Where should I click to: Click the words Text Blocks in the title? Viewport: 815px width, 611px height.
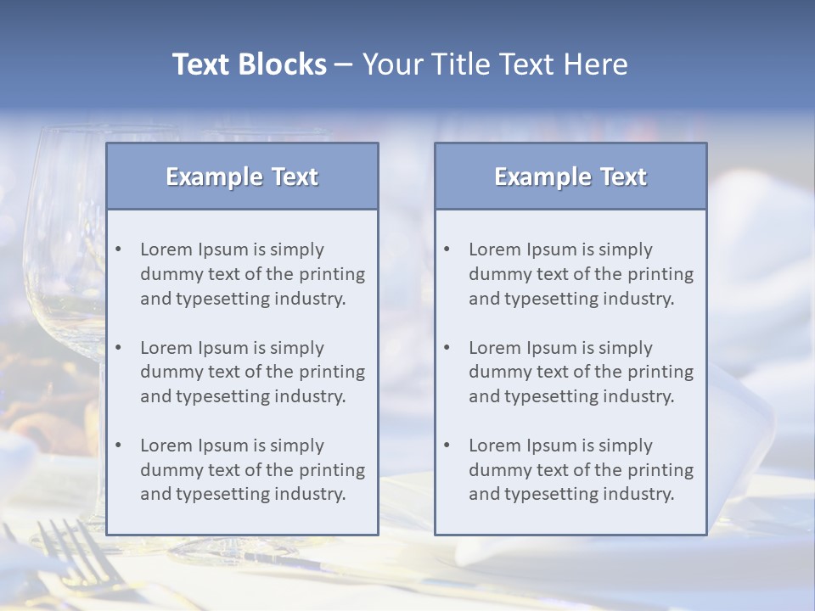(x=249, y=64)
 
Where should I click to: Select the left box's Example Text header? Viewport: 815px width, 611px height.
(x=242, y=177)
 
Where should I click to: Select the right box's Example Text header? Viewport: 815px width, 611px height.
(x=570, y=177)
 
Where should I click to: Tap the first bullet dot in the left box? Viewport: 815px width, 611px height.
(x=119, y=249)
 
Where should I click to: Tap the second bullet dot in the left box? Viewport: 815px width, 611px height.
(x=119, y=348)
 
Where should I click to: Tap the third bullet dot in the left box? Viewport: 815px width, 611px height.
(x=119, y=446)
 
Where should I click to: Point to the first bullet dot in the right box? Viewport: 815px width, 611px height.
(x=447, y=249)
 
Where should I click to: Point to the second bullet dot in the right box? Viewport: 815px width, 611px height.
(x=447, y=348)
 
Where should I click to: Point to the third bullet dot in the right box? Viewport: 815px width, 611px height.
(x=447, y=446)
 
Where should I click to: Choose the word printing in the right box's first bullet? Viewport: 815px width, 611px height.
(x=662, y=274)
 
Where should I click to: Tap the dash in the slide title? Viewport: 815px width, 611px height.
(x=344, y=64)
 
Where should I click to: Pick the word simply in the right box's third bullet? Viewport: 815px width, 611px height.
(x=625, y=446)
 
